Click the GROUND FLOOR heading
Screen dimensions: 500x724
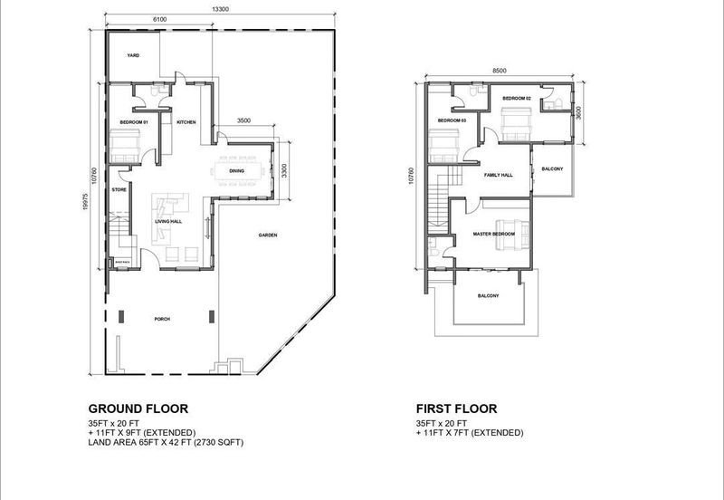138,409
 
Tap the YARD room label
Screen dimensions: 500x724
132,54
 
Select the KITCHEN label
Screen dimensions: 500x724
186,122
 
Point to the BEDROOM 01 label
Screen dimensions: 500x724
134,121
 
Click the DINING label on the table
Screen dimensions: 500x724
236,170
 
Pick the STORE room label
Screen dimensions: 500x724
118,189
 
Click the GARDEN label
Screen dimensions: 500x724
267,235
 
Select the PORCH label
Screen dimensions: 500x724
162,319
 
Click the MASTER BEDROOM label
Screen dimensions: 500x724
493,234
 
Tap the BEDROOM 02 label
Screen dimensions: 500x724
516,98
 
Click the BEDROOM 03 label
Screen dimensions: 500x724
451,120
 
